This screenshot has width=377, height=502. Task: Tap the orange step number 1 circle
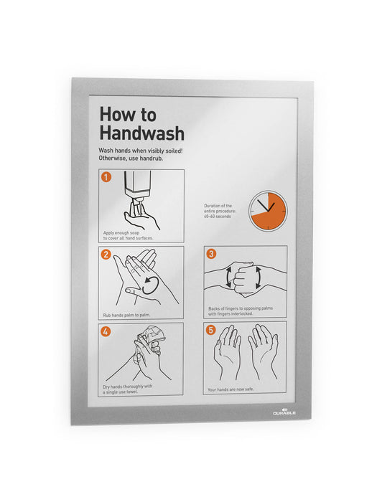point(106,177)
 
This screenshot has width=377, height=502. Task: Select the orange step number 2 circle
point(106,254)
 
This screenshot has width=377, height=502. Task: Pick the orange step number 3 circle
point(211,254)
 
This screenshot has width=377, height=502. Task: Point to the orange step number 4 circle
point(106,331)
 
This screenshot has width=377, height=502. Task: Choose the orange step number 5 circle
point(211,331)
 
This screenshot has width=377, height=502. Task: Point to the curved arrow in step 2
point(149,284)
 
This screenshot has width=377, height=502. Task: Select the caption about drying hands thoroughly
point(128,389)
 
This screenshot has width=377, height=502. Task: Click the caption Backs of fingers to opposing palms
point(241,312)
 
